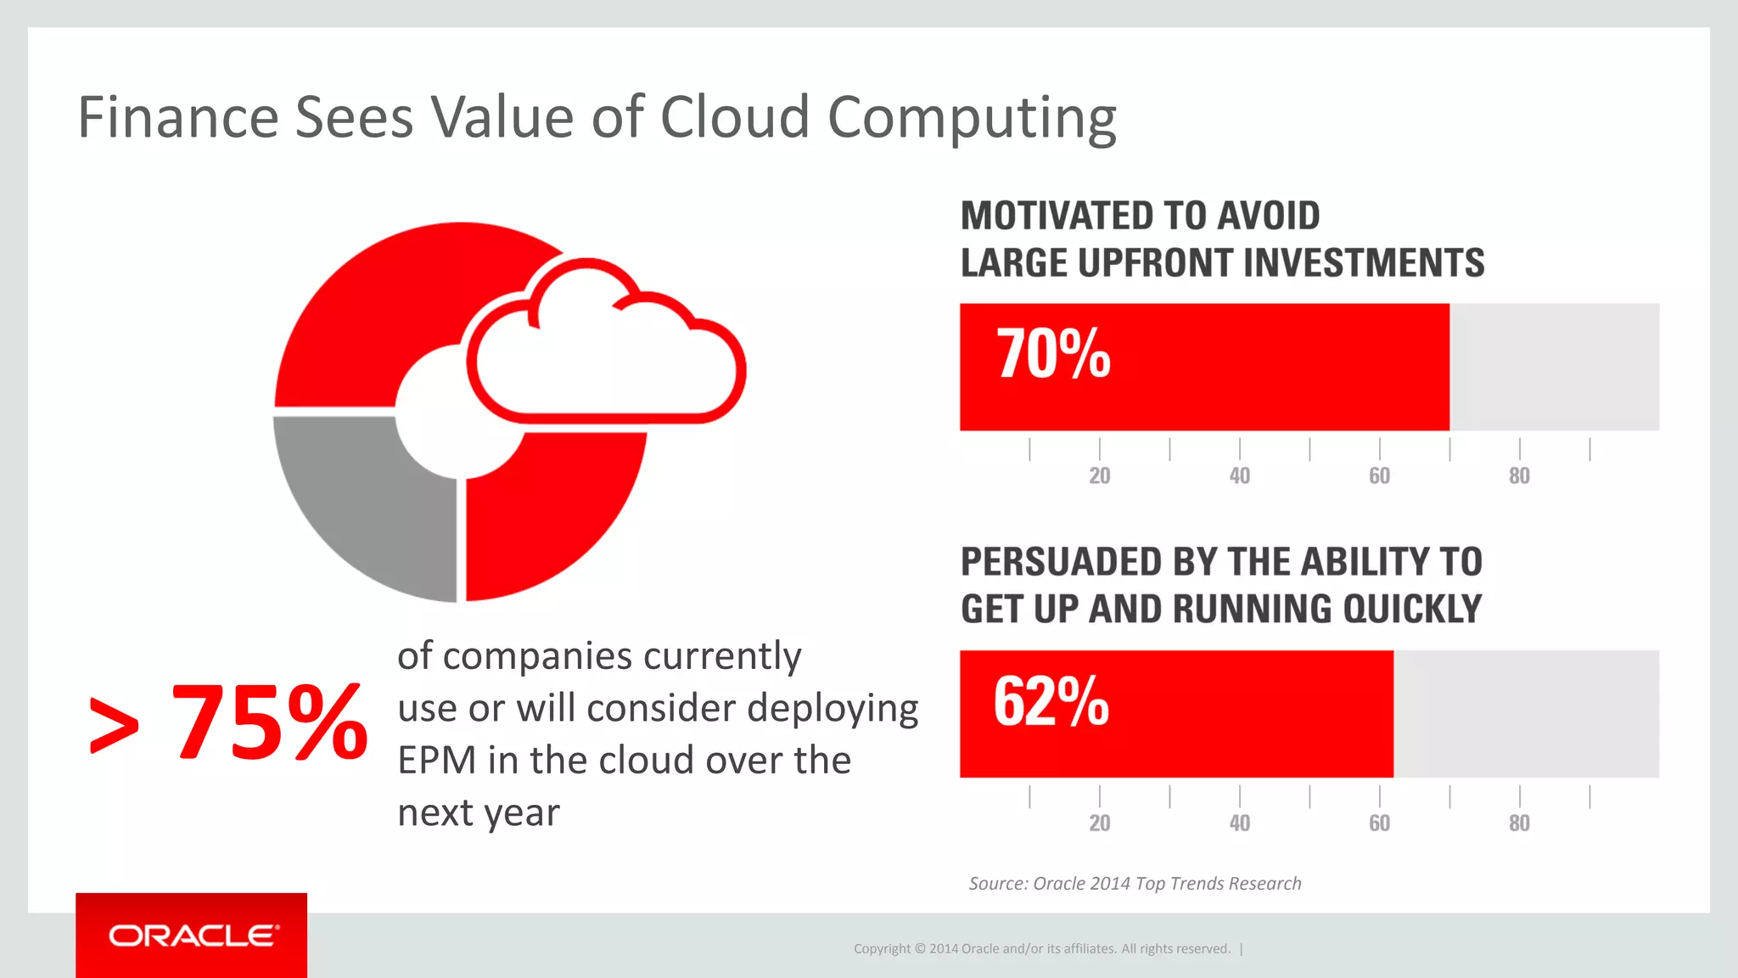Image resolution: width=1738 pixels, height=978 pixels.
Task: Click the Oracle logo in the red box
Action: pyautogui.click(x=193, y=936)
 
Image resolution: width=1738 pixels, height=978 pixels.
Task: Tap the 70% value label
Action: pyautogui.click(x=1053, y=354)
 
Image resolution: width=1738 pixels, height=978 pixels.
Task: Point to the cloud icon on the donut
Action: pyautogui.click(x=605, y=348)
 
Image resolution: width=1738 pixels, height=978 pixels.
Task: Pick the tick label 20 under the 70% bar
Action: pyautogui.click(x=1100, y=475)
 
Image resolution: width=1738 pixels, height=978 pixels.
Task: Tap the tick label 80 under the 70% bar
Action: pyautogui.click(x=1519, y=475)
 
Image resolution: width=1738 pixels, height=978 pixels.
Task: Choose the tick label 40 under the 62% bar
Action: pyautogui.click(x=1240, y=823)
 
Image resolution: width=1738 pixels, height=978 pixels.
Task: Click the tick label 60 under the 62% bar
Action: pyautogui.click(x=1380, y=823)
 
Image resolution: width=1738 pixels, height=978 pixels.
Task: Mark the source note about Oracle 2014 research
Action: pyautogui.click(x=1135, y=884)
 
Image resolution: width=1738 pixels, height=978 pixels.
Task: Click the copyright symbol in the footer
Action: pyautogui.click(x=920, y=949)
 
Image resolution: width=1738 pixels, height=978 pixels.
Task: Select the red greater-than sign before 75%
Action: pyautogui.click(x=114, y=725)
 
